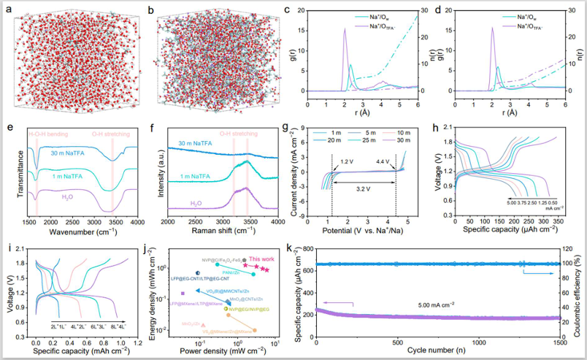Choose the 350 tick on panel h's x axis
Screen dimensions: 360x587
pos(558,221)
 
